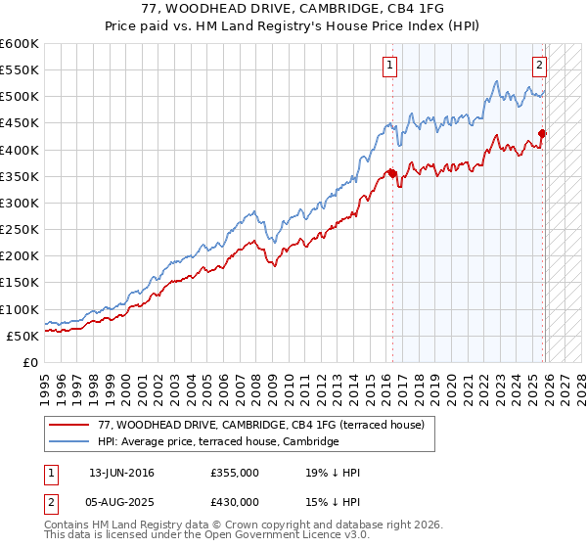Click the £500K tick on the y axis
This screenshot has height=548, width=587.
click(x=20, y=97)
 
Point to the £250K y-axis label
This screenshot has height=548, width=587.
click(x=20, y=229)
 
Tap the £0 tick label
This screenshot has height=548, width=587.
click(x=31, y=362)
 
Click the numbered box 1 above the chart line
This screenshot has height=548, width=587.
click(x=389, y=66)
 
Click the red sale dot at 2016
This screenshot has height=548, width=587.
click(x=392, y=173)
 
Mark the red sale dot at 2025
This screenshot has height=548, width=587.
click(x=544, y=134)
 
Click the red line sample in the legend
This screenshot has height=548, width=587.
click(x=68, y=426)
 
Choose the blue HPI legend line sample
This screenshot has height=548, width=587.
click(x=68, y=442)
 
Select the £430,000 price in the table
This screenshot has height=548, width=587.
click(x=235, y=501)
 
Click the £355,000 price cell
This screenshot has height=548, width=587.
click(x=235, y=474)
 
